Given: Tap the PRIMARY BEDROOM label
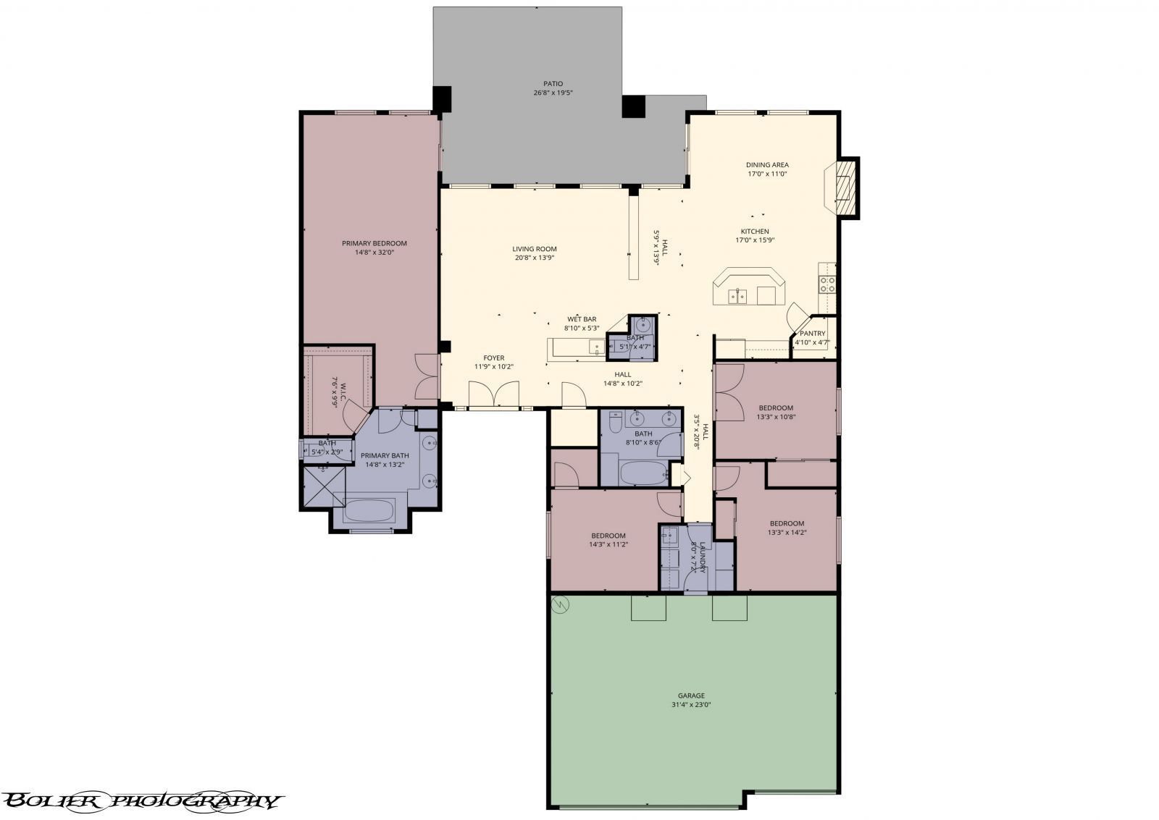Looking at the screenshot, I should pyautogui.click(x=375, y=243).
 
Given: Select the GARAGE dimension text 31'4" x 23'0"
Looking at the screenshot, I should pyautogui.click(x=692, y=704).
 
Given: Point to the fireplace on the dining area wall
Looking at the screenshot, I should pyautogui.click(x=843, y=187).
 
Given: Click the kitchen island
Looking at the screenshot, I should pyautogui.click(x=748, y=288).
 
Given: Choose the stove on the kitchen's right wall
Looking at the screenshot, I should pyautogui.click(x=827, y=284).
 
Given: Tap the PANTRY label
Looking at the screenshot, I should pyautogui.click(x=812, y=334).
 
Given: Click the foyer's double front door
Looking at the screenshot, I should pyautogui.click(x=493, y=395).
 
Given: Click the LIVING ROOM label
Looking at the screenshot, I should pyautogui.click(x=535, y=249).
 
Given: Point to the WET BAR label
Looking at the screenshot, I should pyautogui.click(x=582, y=319).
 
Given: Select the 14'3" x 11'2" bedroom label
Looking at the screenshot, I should pyautogui.click(x=608, y=536).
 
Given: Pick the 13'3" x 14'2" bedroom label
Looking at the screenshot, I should pyautogui.click(x=787, y=523).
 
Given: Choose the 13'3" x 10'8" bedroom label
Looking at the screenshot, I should pyautogui.click(x=776, y=408).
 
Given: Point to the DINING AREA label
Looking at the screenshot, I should pyautogui.click(x=767, y=165).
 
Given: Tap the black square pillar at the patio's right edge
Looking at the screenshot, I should pyautogui.click(x=633, y=107).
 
